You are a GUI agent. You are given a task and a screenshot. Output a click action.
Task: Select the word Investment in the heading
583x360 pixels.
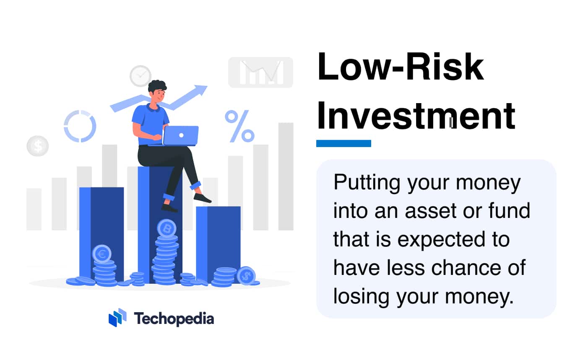[x=416, y=115]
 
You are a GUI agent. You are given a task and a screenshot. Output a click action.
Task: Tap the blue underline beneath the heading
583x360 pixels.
[x=344, y=143]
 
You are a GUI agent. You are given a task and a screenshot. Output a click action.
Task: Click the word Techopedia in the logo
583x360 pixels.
[x=174, y=319]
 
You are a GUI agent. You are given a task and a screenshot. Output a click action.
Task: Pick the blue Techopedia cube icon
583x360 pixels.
[x=117, y=317]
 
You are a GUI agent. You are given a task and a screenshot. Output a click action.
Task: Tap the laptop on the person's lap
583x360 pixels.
[x=180, y=135]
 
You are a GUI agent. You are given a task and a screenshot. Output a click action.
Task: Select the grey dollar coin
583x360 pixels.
[x=38, y=146]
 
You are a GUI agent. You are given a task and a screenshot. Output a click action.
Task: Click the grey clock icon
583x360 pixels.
[x=141, y=76]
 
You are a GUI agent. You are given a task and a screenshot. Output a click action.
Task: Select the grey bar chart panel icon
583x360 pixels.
[x=260, y=73]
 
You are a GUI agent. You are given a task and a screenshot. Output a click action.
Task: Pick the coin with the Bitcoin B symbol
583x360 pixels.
[x=167, y=229]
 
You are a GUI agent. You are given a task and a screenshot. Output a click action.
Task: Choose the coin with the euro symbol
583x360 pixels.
[x=102, y=254]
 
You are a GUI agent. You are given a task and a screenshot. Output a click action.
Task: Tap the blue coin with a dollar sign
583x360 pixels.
[x=246, y=276]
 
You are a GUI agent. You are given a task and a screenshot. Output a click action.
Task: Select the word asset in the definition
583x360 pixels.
[x=431, y=211]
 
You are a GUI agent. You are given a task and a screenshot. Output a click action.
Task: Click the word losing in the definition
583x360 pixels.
[x=361, y=297]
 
